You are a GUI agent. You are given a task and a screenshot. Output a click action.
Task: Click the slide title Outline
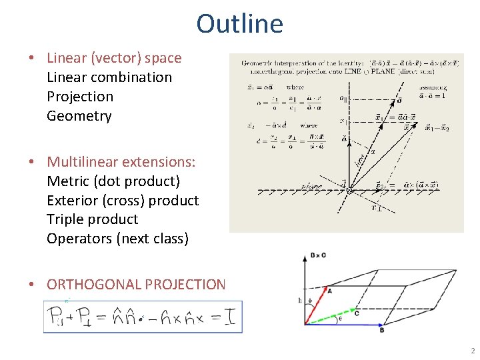click(x=239, y=23)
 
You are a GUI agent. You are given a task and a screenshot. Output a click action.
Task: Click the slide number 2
click(x=472, y=351)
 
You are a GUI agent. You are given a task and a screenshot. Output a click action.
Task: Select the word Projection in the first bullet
click(x=80, y=97)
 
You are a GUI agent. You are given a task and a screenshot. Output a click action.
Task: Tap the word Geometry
click(x=79, y=116)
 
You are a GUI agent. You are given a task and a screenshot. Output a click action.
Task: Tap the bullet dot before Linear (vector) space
click(x=31, y=58)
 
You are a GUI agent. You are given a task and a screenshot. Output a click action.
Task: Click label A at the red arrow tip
click(x=329, y=290)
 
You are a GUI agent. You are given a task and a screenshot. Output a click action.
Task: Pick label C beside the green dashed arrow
click(x=357, y=312)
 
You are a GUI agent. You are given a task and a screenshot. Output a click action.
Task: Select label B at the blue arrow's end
click(x=381, y=330)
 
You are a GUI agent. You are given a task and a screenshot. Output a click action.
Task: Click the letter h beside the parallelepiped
click(x=300, y=300)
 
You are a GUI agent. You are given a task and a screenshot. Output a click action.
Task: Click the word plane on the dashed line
click(x=313, y=187)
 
